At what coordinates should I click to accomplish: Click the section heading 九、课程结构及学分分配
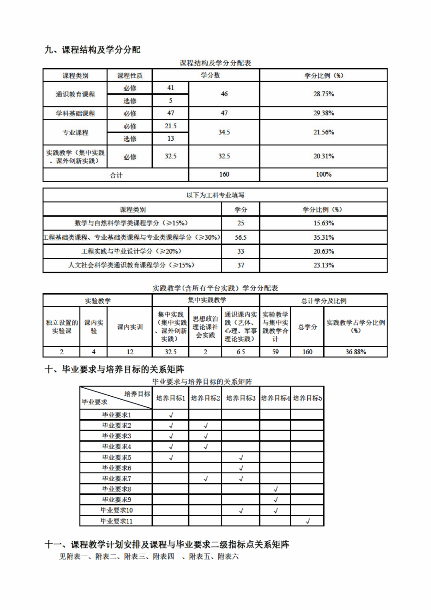92,50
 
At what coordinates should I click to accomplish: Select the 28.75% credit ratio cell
324,94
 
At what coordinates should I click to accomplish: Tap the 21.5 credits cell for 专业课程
170,126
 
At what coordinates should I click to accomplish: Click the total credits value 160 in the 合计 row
224,174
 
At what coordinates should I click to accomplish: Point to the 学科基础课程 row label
75,113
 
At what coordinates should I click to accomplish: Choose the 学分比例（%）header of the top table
324,75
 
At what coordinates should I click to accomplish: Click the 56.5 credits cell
241,237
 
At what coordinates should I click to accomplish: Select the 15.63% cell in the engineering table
324,223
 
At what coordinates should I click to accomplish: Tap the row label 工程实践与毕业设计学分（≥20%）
132,251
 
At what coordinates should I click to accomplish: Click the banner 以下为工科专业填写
215,195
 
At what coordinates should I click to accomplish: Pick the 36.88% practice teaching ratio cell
356,352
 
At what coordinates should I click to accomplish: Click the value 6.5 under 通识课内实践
241,352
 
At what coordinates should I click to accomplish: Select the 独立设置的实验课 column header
62,327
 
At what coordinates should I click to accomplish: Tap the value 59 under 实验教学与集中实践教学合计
275,352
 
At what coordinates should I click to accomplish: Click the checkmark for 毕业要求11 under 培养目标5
307,521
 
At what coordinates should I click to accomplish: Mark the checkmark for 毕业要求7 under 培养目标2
205,479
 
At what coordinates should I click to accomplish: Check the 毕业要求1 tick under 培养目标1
171,415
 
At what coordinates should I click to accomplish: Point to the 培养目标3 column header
241,398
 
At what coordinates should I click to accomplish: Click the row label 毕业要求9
116,500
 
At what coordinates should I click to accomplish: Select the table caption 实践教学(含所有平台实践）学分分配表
215,288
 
